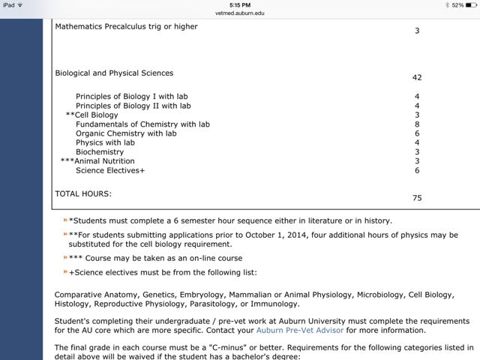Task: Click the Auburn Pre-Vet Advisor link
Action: (300, 330)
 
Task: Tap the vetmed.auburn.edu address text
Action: (240, 13)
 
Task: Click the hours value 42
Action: (417, 77)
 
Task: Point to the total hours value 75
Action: (417, 198)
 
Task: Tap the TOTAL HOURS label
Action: (83, 193)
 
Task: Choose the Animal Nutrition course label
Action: (104, 160)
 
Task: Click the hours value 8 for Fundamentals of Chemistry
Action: (417, 124)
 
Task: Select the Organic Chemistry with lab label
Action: (126, 133)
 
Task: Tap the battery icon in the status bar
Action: (471, 5)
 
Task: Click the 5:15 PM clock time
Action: (240, 5)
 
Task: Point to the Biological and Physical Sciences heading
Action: (114, 73)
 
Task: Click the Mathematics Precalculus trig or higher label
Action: (126, 27)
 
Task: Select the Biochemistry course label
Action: (100, 151)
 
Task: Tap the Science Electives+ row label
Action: (110, 170)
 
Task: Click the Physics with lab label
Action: (105, 142)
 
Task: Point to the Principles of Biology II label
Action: (133, 106)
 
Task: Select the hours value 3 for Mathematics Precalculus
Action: (417, 31)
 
